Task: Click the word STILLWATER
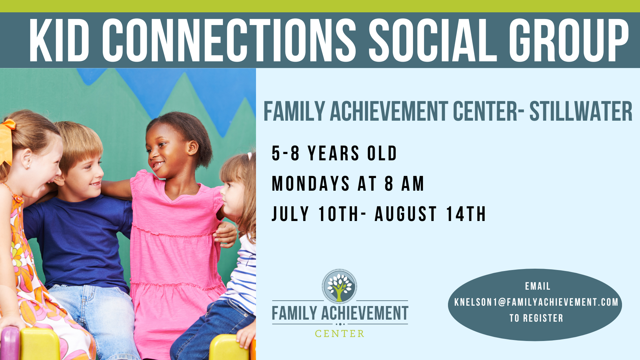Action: click(581, 111)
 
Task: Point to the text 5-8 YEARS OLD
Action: click(334, 153)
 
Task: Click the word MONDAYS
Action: click(311, 184)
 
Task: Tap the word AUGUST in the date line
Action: click(406, 214)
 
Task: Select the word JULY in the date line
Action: click(290, 214)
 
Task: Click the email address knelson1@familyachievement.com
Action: click(536, 302)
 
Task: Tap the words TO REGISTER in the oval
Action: click(536, 318)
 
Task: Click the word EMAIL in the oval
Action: click(538, 286)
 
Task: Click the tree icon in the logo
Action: click(339, 286)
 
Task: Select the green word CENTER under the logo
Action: click(340, 334)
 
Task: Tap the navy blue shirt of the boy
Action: click(80, 240)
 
